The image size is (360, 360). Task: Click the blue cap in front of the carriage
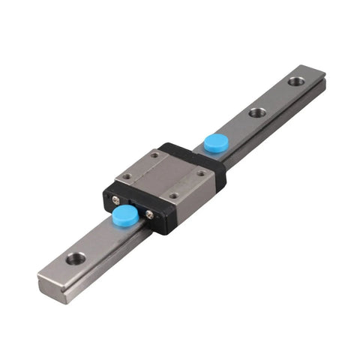pos(124,217)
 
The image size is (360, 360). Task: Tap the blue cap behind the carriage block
pos(217,143)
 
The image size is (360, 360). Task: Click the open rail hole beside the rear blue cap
pos(257,112)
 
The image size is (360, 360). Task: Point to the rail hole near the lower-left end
pos(75,259)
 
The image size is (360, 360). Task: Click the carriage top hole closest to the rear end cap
pos(155,156)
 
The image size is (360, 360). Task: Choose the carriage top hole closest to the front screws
pos(173,196)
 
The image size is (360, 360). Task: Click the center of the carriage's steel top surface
pos(163,175)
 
